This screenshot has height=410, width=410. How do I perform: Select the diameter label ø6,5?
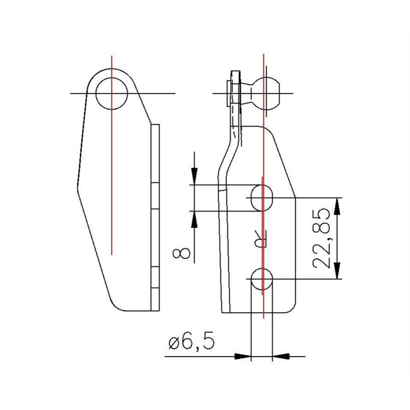click(191, 343)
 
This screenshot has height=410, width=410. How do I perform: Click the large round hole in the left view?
click(112, 93)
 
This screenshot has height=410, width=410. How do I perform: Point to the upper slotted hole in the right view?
click(262, 198)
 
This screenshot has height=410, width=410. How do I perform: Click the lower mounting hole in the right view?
click(262, 279)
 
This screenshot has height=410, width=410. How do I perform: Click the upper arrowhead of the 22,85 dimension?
click(337, 205)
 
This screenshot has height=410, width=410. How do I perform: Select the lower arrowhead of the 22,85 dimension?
click(337, 271)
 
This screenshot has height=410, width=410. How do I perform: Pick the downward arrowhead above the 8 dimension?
click(195, 176)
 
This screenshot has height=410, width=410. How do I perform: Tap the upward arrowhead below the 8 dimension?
click(195, 219)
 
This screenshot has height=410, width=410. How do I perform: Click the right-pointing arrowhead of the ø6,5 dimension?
click(242, 356)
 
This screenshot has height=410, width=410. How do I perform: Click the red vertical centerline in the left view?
click(112, 172)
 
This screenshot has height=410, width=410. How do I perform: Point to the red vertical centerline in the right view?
click(263, 143)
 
